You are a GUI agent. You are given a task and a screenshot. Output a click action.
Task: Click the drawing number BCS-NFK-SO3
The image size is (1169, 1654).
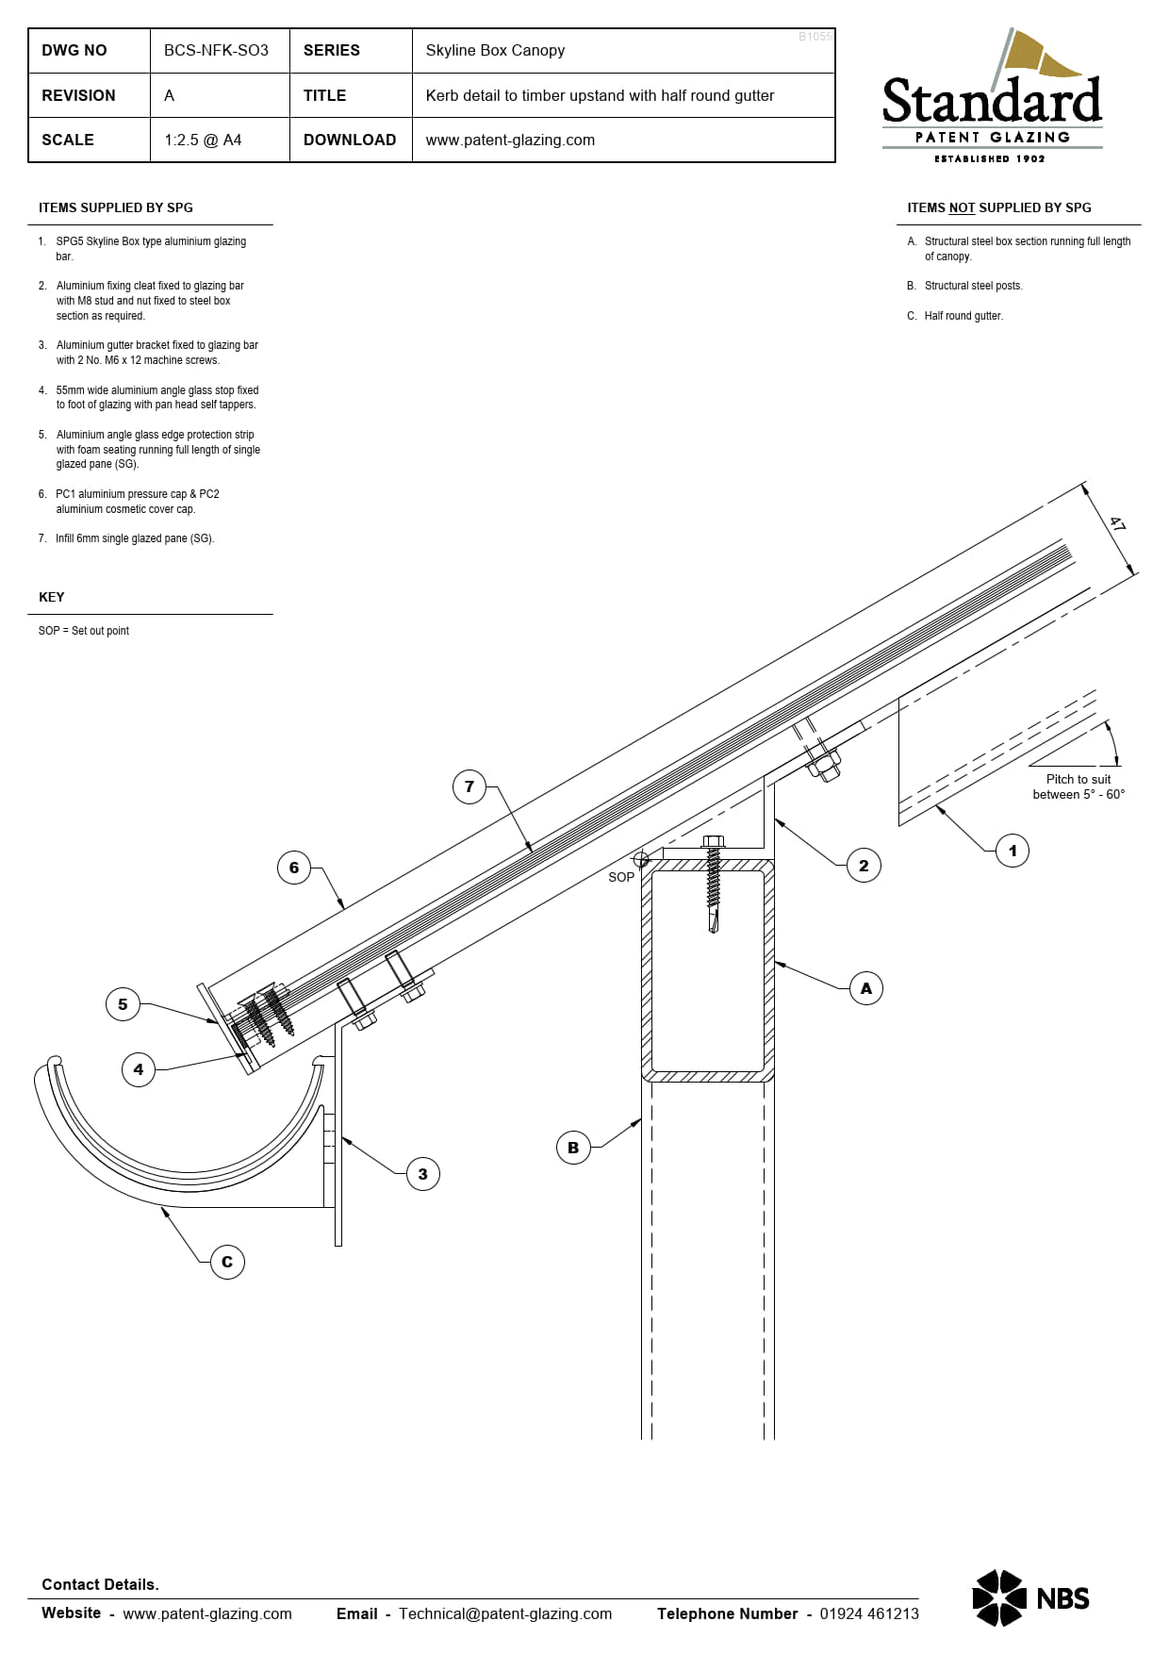coord(216,51)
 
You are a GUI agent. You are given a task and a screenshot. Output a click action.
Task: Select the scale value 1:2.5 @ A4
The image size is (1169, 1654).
coord(203,140)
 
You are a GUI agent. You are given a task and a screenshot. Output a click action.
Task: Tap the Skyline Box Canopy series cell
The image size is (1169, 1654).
coord(495,51)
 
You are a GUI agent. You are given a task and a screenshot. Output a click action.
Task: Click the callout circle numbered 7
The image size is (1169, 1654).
coord(469,786)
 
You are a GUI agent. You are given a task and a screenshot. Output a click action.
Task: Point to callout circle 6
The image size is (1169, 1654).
coord(294,868)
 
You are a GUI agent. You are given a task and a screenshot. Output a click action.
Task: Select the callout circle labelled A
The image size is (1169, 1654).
coord(865,988)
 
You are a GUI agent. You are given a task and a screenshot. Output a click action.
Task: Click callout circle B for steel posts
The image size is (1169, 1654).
coord(573,1148)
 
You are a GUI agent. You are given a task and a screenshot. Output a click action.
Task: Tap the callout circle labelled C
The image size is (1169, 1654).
coord(227,1262)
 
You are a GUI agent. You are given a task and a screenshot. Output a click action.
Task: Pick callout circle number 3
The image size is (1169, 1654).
coord(422,1174)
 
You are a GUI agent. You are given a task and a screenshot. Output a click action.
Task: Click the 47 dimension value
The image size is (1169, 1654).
coord(1118,524)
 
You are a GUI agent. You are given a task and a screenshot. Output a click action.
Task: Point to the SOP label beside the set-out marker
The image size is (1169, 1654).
coord(621,877)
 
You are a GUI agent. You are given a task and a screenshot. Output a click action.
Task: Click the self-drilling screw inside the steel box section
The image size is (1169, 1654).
coord(714,886)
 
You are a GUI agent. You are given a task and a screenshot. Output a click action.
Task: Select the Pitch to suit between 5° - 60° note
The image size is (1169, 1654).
coord(1078,786)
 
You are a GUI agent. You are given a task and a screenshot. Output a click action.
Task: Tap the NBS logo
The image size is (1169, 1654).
coord(1030,1598)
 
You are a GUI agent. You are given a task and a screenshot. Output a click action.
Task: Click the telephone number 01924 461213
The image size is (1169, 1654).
coord(868,1613)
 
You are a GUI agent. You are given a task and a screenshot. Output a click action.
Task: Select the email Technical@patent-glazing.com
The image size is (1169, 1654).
coord(505,1613)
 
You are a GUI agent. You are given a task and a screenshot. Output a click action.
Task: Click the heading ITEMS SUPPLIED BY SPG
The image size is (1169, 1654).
coord(116,207)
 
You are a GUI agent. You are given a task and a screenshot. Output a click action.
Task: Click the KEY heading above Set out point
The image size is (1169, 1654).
coord(52,597)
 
